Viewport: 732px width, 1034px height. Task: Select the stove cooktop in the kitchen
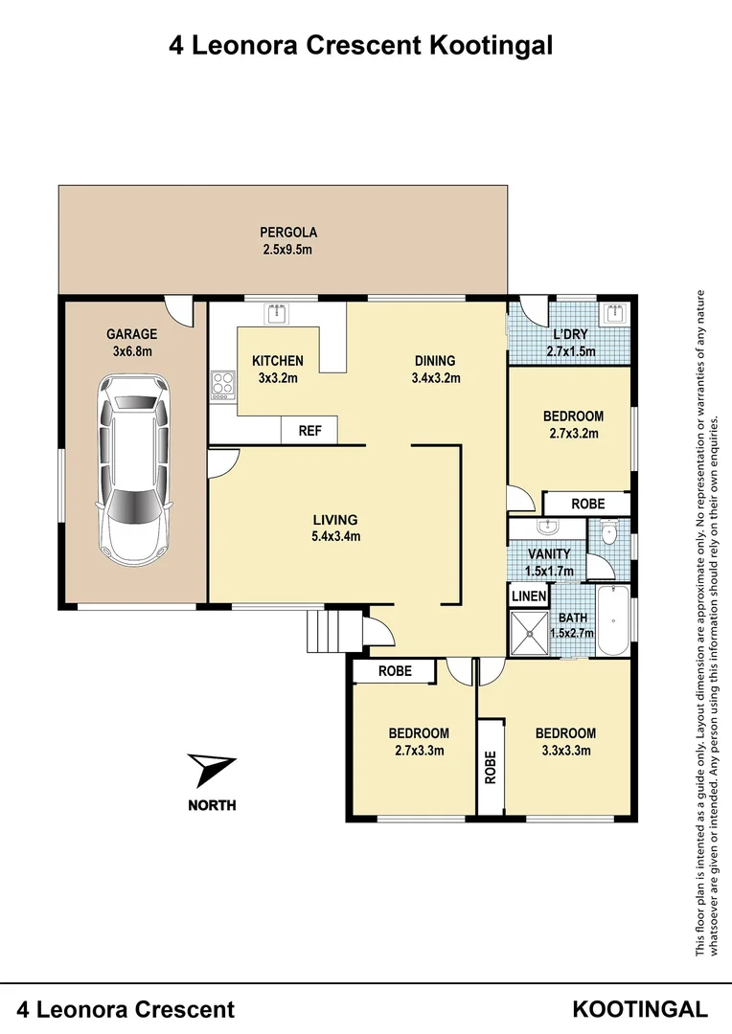[222, 383]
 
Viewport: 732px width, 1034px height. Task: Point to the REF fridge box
[309, 431]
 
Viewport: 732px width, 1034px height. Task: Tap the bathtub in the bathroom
[611, 622]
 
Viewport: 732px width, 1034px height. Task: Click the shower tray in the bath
[527, 632]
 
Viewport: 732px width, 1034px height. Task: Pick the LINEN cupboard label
[528, 596]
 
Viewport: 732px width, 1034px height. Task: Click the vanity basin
[547, 528]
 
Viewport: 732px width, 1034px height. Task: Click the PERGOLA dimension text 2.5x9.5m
[288, 250]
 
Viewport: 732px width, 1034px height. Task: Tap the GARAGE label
[131, 334]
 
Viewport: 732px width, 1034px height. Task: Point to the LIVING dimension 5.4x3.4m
[335, 536]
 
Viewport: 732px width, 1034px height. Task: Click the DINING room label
[435, 361]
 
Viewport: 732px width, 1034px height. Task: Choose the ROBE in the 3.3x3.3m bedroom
[491, 767]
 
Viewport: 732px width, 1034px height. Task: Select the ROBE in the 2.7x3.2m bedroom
[587, 504]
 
